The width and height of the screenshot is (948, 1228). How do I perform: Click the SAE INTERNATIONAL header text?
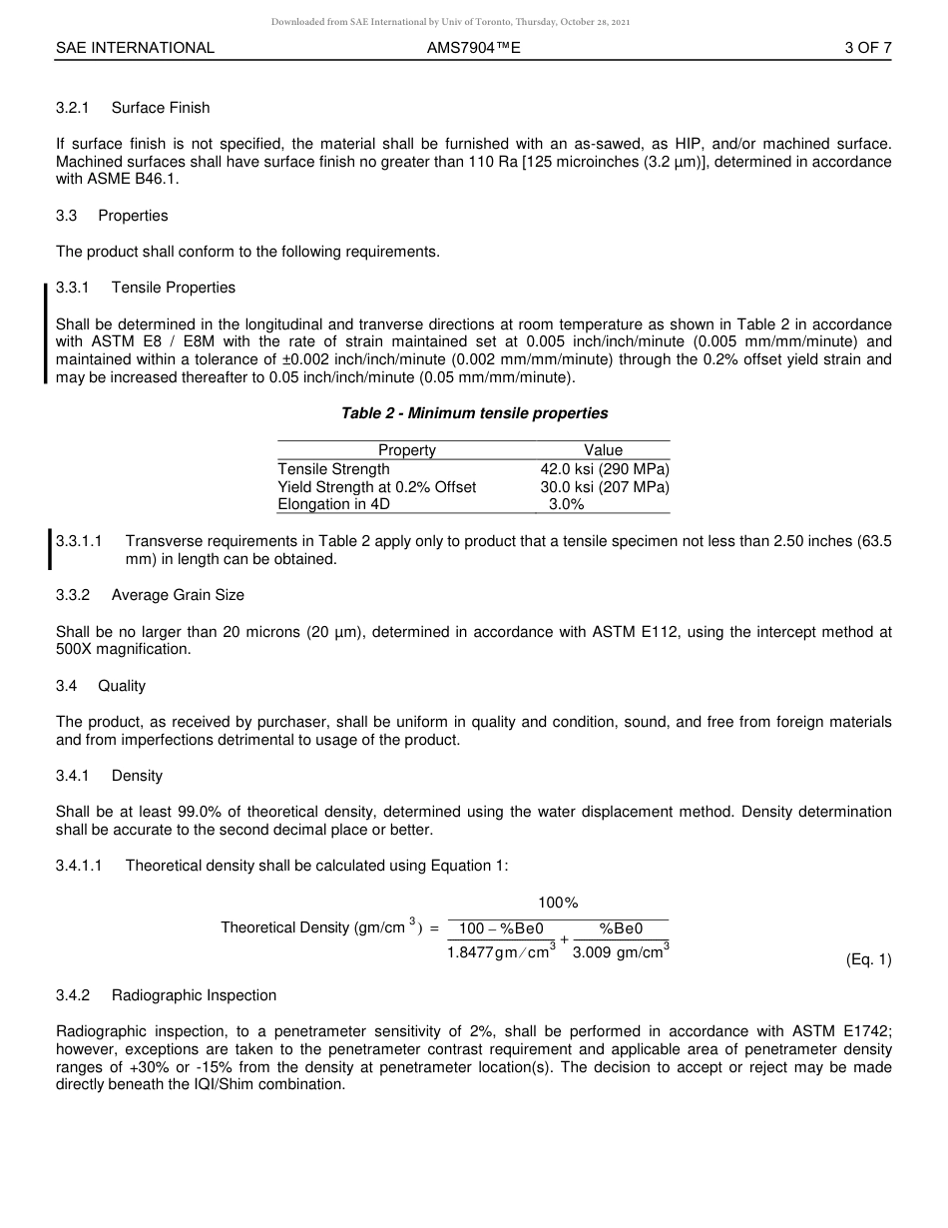tap(135, 47)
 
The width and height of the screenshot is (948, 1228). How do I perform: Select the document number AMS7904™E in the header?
tap(473, 47)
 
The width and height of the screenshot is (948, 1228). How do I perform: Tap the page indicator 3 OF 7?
tap(867, 47)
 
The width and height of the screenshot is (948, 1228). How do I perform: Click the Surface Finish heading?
tap(161, 108)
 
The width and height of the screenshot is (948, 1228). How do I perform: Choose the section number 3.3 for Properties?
tap(69, 216)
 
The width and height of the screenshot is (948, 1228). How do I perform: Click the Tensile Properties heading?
tap(174, 288)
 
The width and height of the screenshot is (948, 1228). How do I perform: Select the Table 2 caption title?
tap(474, 413)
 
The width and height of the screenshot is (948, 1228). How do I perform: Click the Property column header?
tap(406, 450)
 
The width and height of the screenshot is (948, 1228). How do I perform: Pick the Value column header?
tap(603, 450)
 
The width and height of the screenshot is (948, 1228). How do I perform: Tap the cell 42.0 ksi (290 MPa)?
tap(605, 469)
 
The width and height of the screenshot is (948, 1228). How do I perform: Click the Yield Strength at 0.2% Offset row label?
tap(376, 487)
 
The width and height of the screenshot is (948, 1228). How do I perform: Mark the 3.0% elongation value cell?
tap(566, 505)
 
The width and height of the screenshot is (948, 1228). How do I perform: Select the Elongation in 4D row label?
tap(333, 505)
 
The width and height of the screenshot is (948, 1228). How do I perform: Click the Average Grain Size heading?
tap(178, 595)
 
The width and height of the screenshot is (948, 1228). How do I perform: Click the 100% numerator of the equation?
tap(558, 904)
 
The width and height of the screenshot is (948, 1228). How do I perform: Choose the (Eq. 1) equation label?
tap(868, 959)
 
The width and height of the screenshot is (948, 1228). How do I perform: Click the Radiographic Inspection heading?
tap(194, 995)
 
